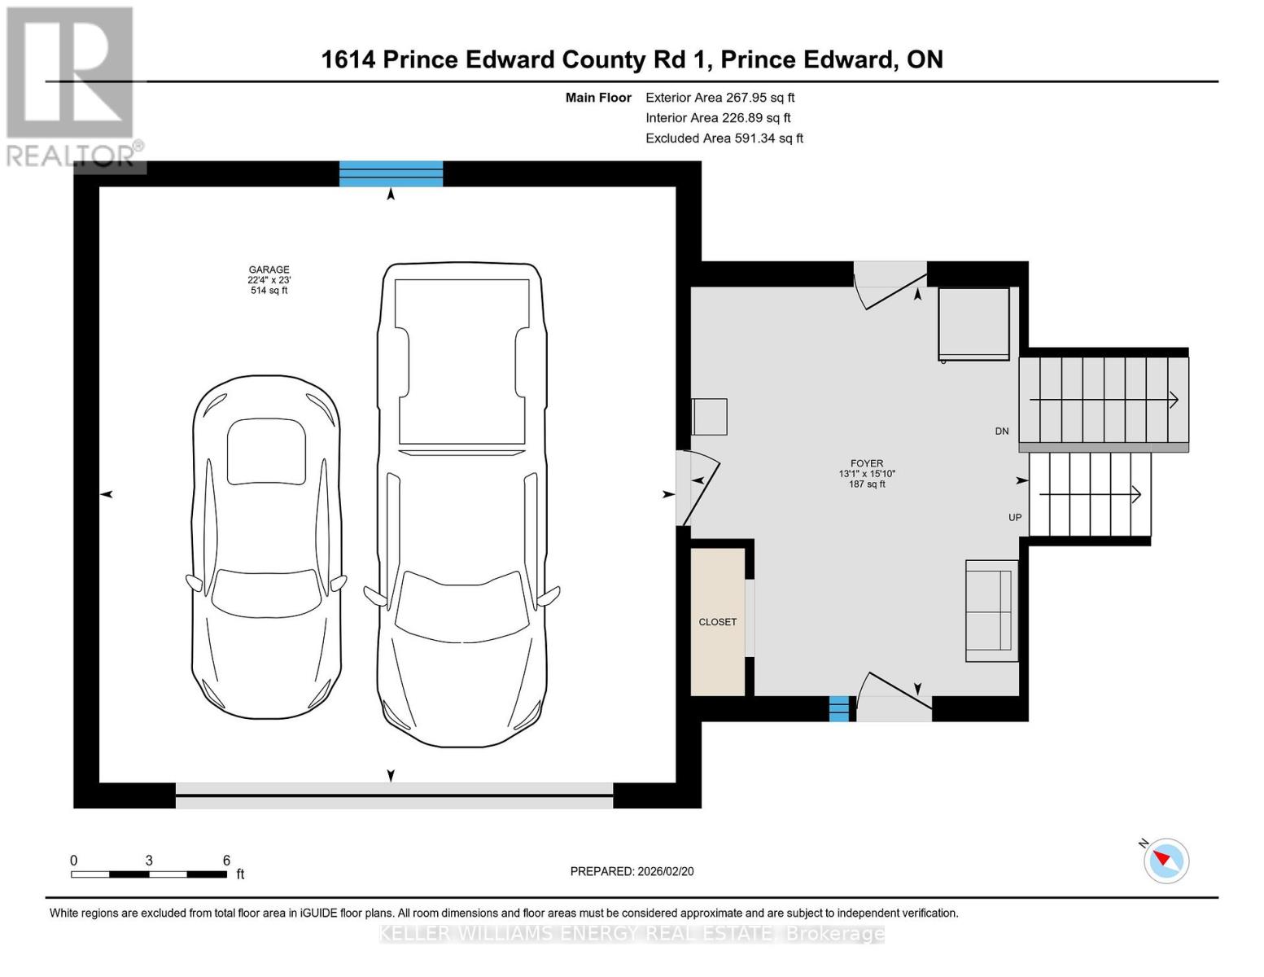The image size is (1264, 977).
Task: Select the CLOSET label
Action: tap(717, 622)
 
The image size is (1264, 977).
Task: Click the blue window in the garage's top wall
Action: tap(391, 173)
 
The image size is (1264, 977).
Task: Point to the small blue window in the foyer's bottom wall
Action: tap(838, 708)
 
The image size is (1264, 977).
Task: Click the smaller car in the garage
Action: tap(266, 547)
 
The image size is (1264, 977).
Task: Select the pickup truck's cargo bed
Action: tap(461, 362)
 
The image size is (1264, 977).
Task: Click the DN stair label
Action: tap(1002, 432)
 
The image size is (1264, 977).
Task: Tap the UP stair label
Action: tap(1015, 518)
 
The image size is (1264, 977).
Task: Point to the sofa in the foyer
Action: tap(991, 611)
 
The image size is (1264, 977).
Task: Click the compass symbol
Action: tap(1166, 860)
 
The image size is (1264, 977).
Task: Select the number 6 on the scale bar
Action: tap(226, 861)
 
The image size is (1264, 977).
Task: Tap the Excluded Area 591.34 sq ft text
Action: tap(724, 138)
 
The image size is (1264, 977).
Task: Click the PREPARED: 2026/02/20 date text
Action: tap(632, 871)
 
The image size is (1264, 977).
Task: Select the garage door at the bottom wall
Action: tap(394, 795)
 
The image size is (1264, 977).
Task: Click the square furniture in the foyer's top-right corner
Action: tap(973, 323)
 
